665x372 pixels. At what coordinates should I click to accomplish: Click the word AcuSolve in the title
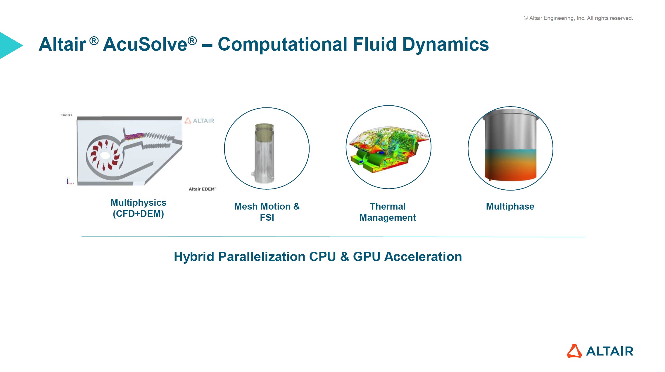pyautogui.click(x=145, y=44)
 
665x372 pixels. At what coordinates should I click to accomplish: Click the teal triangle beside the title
pyautogui.click(x=11, y=45)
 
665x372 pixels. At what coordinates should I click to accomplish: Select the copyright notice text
pyautogui.click(x=578, y=18)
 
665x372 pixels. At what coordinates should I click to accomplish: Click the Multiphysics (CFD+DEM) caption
pyautogui.click(x=138, y=208)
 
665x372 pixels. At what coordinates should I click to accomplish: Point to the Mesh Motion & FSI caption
pyautogui.click(x=267, y=212)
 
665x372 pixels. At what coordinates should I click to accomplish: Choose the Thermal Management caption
pyautogui.click(x=388, y=212)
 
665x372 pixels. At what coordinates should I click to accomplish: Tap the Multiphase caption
pyautogui.click(x=510, y=206)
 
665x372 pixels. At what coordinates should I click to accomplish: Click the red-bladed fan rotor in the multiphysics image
pyautogui.click(x=105, y=155)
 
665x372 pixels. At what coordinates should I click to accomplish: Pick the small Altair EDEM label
pyautogui.click(x=202, y=189)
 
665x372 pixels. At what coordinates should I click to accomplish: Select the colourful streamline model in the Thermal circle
pyautogui.click(x=389, y=149)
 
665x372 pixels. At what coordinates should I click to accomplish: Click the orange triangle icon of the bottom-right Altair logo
pyautogui.click(x=574, y=351)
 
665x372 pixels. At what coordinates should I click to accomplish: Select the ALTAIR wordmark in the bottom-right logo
pyautogui.click(x=610, y=351)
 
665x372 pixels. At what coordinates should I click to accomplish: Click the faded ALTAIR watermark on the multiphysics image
pyautogui.click(x=199, y=121)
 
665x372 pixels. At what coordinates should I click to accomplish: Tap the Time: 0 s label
pyautogui.click(x=66, y=115)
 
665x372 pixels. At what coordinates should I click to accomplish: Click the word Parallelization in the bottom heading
pyautogui.click(x=262, y=257)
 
